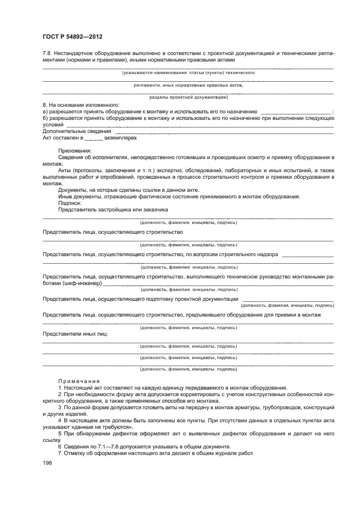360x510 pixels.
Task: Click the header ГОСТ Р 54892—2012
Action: coord(72,37)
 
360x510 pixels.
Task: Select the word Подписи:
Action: coord(69,203)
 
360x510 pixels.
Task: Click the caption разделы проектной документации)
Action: coord(188,97)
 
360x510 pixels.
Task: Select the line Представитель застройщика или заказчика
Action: coord(113,209)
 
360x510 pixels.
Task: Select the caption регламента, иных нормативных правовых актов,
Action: coord(188,85)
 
